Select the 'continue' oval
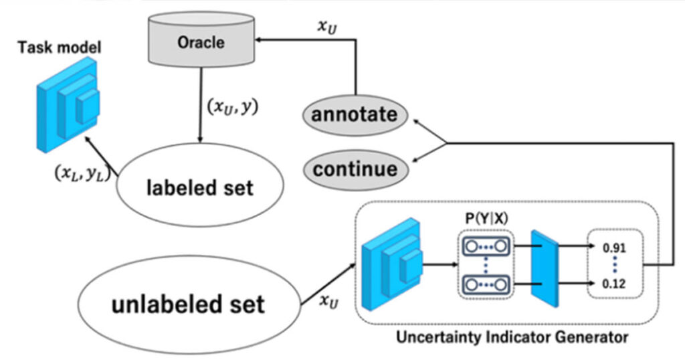click(x=355, y=168)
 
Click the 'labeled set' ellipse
click(x=199, y=187)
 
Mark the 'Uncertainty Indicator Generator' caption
click(x=512, y=337)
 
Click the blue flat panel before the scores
click(x=545, y=268)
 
